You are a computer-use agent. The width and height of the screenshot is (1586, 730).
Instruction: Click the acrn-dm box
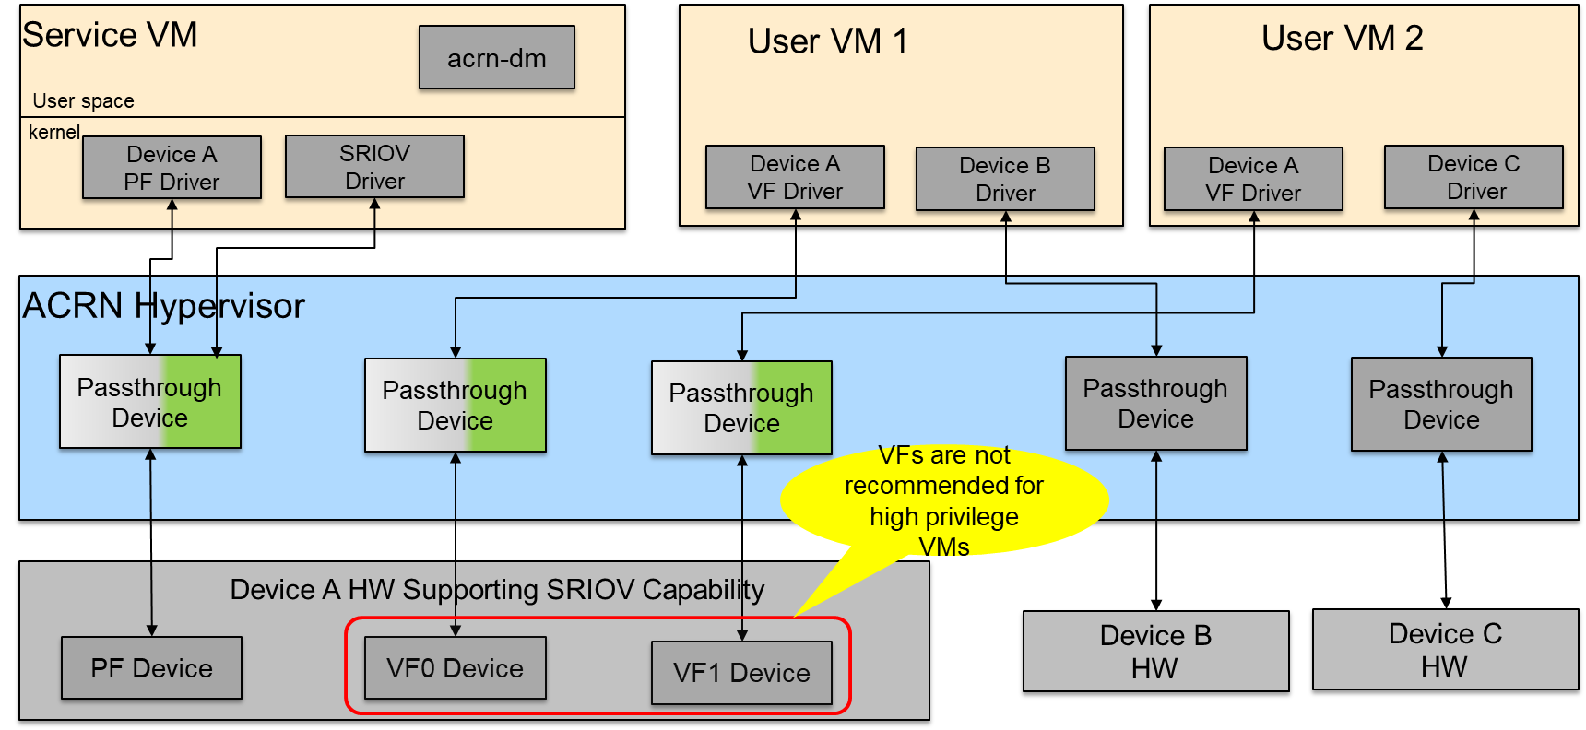tap(496, 57)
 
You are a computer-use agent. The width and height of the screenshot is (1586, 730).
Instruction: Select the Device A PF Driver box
tap(172, 168)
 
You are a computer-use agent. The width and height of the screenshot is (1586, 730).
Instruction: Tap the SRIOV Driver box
tap(374, 167)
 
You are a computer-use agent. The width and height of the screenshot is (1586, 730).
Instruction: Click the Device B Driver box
tap(1005, 179)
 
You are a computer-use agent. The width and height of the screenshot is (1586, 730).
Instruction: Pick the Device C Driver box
tap(1474, 177)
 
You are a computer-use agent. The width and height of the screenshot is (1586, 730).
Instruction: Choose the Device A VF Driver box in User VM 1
tap(795, 177)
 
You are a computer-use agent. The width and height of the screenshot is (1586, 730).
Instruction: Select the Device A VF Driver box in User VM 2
tap(1253, 179)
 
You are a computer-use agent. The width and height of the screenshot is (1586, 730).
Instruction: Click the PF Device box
tap(151, 668)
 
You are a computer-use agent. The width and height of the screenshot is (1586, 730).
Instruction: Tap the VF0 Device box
tap(455, 668)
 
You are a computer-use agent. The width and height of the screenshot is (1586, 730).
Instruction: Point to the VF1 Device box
tap(741, 673)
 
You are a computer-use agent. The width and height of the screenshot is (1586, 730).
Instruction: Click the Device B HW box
tap(1155, 652)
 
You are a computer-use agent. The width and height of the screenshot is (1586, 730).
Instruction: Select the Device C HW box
tap(1445, 650)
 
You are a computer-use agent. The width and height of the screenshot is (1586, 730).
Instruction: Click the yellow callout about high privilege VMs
tap(944, 500)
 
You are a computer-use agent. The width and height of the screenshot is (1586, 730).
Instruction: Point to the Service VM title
tap(110, 35)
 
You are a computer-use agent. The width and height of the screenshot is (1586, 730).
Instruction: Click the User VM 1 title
tap(827, 41)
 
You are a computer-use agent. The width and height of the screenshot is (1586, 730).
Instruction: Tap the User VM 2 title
tap(1342, 39)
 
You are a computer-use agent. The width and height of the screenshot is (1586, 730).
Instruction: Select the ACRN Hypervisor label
tap(163, 306)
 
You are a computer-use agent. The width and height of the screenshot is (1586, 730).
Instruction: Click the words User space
tap(83, 100)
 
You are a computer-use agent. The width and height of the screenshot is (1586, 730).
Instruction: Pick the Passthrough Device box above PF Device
tap(149, 402)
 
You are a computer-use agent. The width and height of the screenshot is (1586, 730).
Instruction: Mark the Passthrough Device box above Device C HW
tap(1441, 404)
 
